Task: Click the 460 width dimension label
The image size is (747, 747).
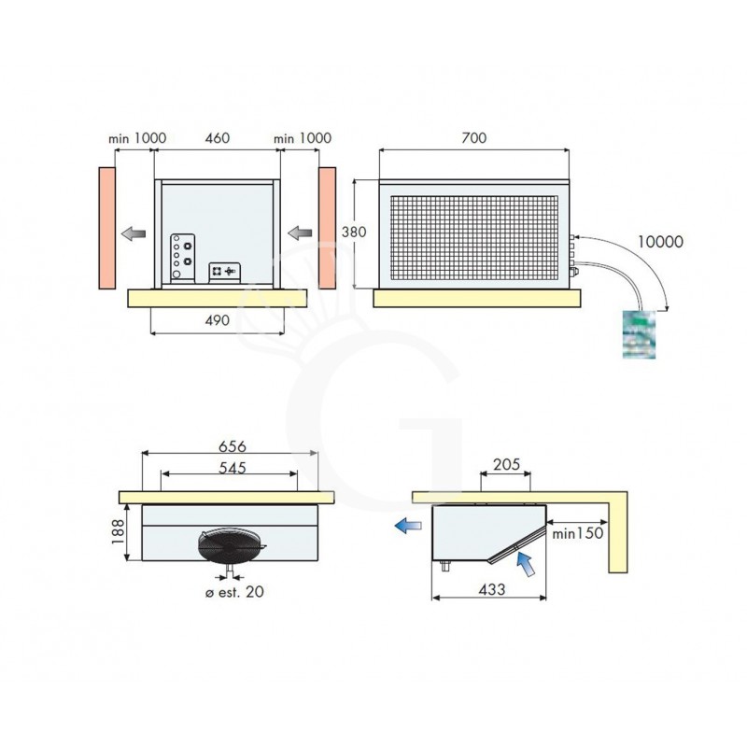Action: tap(217, 137)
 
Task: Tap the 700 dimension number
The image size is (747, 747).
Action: tap(474, 137)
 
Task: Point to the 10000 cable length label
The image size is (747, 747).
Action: tap(659, 241)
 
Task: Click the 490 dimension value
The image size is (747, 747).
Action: tap(216, 320)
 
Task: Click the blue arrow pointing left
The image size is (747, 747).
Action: tap(407, 526)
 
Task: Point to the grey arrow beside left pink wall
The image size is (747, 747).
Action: tap(133, 233)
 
